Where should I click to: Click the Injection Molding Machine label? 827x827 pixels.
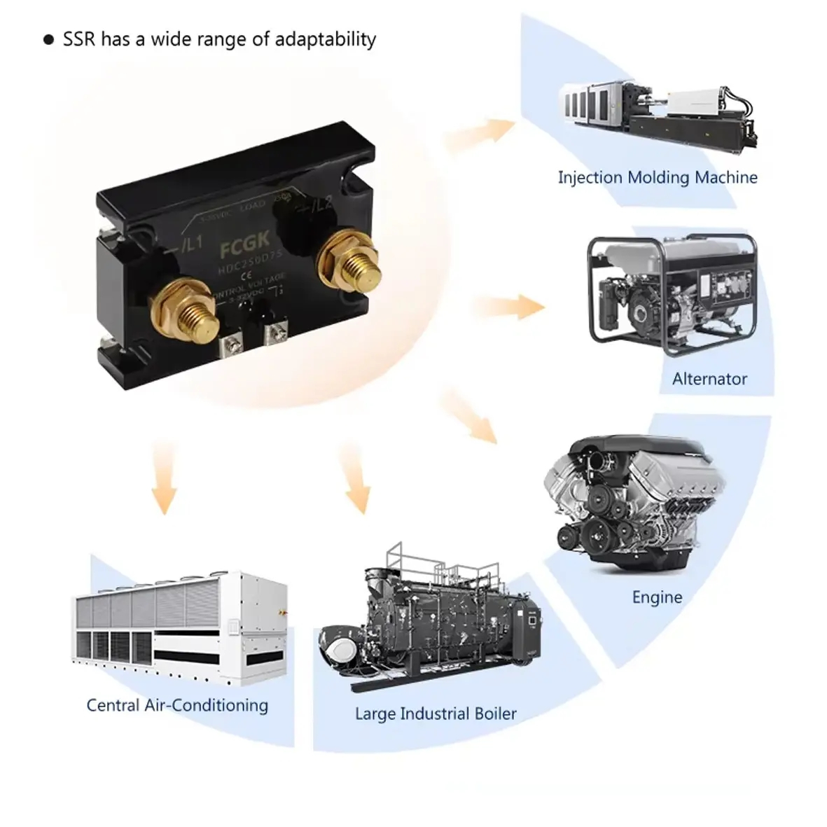click(x=657, y=177)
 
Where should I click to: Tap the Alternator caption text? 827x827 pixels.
click(x=709, y=379)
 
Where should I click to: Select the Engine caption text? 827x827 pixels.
click(x=657, y=597)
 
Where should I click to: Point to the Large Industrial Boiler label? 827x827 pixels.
click(x=436, y=714)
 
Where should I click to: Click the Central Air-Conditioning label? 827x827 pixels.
click(x=177, y=704)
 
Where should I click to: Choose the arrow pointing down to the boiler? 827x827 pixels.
click(x=355, y=478)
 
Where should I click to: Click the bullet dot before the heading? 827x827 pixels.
click(x=48, y=40)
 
